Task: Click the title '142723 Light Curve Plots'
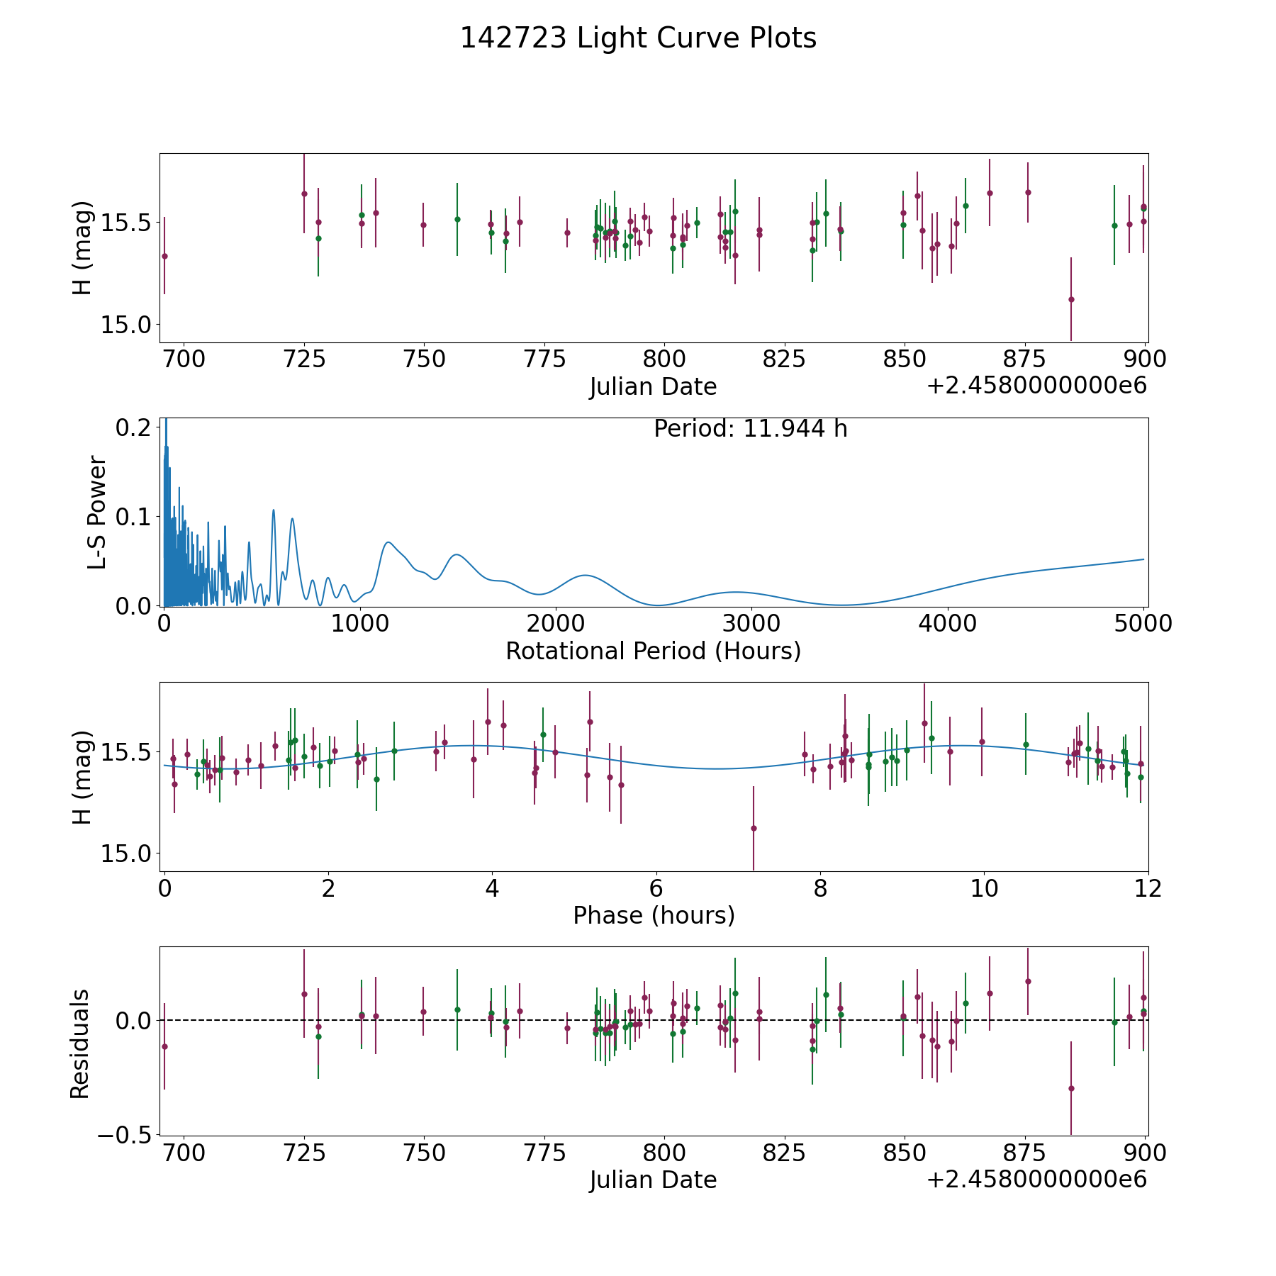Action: pos(638,38)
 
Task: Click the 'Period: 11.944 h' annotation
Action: pos(750,430)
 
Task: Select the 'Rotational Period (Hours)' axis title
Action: pos(653,651)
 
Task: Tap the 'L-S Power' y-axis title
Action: pos(96,513)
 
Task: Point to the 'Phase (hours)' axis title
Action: pos(654,915)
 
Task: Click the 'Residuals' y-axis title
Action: pos(80,1043)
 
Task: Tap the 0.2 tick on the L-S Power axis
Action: pos(135,427)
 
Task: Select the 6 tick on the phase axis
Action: pos(656,888)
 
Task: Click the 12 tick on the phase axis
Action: pos(1148,888)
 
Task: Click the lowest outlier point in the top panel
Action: pos(1071,299)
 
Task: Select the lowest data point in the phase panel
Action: pos(754,828)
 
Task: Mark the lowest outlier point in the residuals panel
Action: pos(1071,1088)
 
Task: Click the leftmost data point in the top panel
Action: pos(164,256)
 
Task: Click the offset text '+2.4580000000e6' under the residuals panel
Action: pos(1036,1180)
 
